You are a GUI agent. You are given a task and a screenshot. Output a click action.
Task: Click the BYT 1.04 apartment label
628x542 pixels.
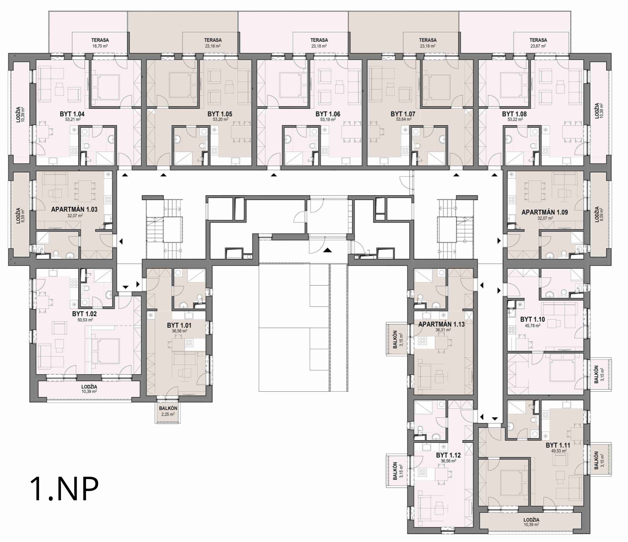[72, 114]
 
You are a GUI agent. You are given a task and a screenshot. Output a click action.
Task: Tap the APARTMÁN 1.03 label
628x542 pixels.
[74, 209]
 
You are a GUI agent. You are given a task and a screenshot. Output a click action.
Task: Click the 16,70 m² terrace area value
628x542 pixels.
[100, 46]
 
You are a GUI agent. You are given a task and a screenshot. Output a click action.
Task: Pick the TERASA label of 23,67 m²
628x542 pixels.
[538, 40]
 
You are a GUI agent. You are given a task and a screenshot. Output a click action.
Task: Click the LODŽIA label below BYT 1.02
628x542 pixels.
[89, 387]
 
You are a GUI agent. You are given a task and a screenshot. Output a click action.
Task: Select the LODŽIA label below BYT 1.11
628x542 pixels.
[531, 520]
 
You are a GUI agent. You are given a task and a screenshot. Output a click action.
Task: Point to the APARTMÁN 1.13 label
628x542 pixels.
[441, 324]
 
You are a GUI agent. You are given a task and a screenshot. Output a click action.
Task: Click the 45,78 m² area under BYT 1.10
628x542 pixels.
[532, 326]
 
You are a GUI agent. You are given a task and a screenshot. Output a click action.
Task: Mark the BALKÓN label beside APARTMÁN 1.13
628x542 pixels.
[395, 339]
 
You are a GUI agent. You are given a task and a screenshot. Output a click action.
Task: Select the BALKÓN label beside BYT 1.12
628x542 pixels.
[395, 471]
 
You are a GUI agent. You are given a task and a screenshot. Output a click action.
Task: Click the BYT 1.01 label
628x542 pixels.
[179, 325]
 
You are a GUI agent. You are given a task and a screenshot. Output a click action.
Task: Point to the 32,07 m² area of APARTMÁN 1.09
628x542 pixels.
[545, 218]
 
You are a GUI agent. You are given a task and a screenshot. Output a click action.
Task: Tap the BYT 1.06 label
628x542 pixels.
[328, 114]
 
